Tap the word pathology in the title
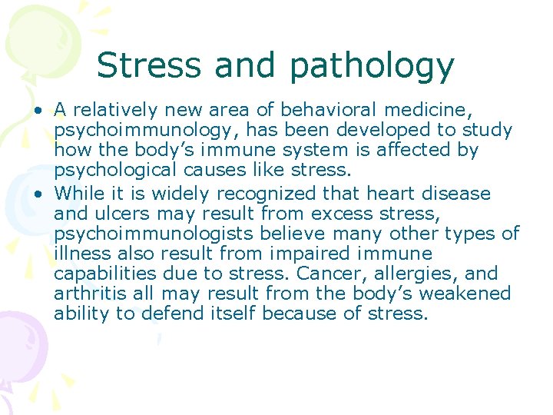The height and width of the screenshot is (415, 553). coord(372,66)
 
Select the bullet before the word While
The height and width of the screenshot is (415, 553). coord(37,194)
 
